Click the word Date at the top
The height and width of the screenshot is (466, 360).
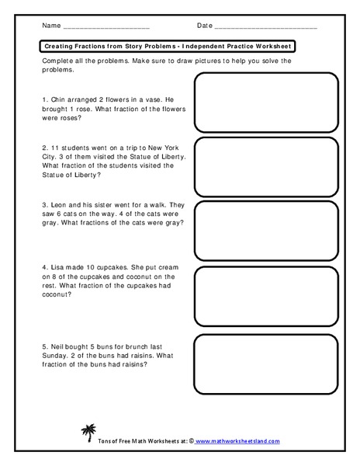click(205, 26)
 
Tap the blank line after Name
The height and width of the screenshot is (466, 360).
click(106, 27)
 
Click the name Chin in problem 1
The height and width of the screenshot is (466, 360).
click(58, 100)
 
